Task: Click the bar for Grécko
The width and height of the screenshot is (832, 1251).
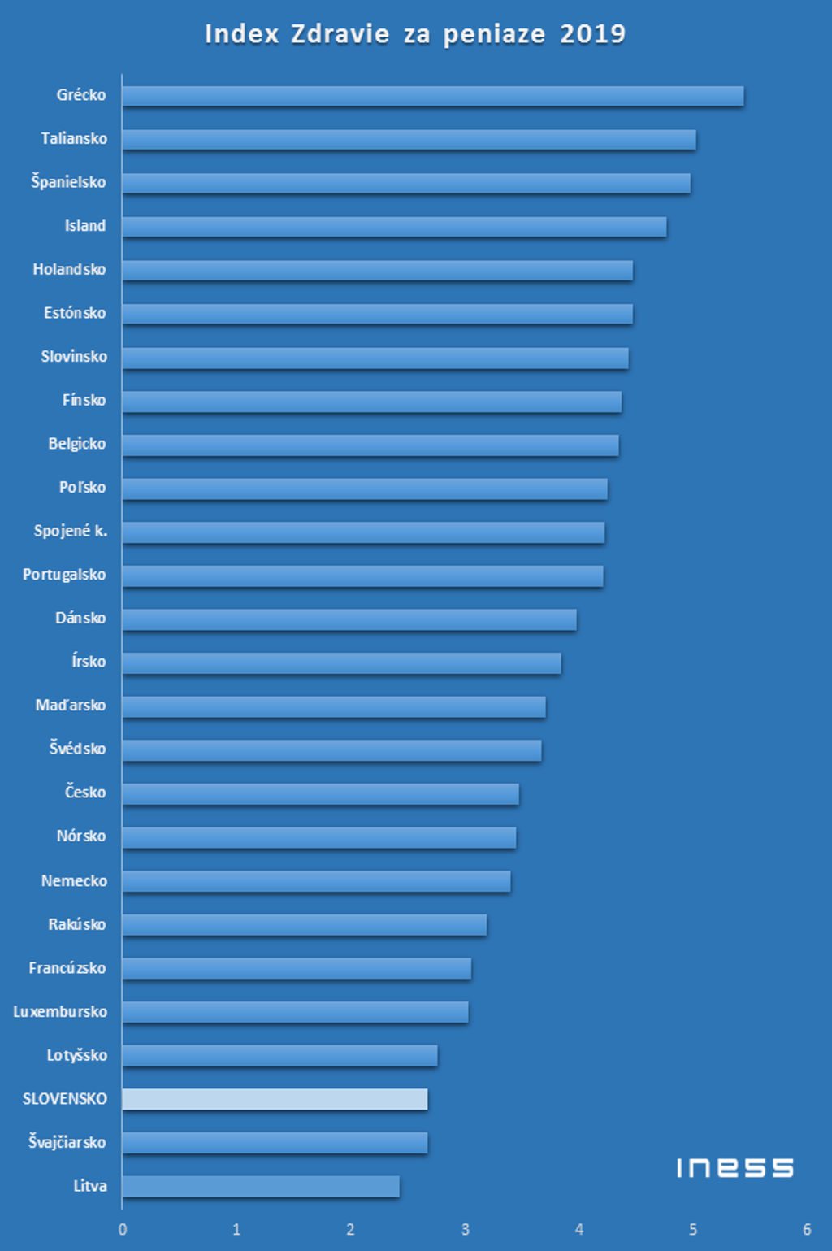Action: [x=432, y=96]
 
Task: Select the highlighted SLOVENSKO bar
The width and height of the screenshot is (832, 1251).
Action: [x=275, y=1099]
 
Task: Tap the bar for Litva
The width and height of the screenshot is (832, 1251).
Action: [x=261, y=1186]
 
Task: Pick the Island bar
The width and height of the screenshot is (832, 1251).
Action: [x=394, y=227]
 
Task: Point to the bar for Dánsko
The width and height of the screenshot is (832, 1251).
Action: [x=349, y=619]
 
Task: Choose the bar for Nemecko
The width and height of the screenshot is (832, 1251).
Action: [x=316, y=881]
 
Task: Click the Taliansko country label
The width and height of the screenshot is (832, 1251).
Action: [x=74, y=139]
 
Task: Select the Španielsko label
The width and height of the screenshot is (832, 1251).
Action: [x=68, y=182]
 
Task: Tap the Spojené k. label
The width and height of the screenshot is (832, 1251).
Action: [x=70, y=531]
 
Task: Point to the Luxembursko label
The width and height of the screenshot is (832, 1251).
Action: [x=60, y=1012]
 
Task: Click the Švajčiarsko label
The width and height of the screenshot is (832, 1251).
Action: [x=67, y=1142]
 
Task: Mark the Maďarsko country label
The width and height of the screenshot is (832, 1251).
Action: [x=70, y=706]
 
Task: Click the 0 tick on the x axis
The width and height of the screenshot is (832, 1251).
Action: [x=123, y=1229]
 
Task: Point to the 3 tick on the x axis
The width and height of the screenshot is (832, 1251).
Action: [x=466, y=1229]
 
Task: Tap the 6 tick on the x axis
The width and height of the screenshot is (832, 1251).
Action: [x=807, y=1229]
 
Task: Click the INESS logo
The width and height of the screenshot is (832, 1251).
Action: [x=734, y=1168]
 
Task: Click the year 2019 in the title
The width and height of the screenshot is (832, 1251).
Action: [x=592, y=34]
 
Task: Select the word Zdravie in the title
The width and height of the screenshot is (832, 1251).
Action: [x=340, y=34]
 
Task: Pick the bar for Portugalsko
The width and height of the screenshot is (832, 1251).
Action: [x=362, y=576]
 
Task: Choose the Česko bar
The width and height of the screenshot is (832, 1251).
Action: [x=320, y=794]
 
